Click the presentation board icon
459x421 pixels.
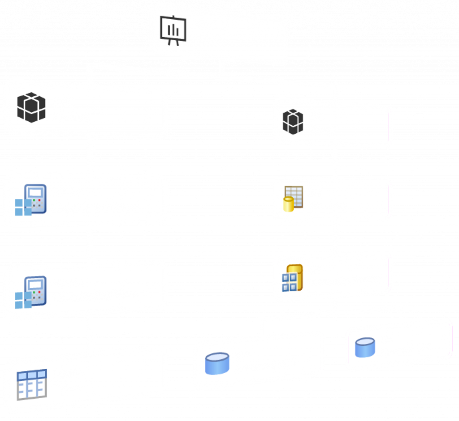[173, 30]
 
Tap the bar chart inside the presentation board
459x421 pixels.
[173, 30]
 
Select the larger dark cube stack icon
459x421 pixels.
[31, 107]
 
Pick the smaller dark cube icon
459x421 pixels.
[293, 121]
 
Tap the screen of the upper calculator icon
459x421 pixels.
[35, 192]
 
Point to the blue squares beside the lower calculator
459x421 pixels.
[23, 300]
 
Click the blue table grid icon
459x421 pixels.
[32, 384]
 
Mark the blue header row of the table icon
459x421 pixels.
[32, 374]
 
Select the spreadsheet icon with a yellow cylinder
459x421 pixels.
[294, 198]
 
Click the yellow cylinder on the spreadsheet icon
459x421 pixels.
[288, 204]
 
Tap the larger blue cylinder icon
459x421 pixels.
[217, 363]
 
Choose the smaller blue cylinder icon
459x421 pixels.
[365, 348]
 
